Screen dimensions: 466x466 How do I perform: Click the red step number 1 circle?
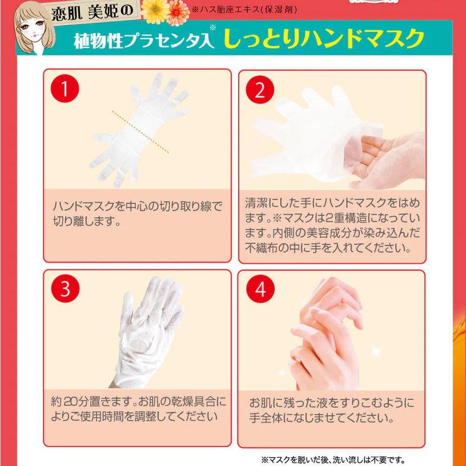(65, 89)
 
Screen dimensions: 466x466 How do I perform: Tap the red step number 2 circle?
(260, 90)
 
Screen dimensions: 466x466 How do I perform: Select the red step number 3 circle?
(65, 288)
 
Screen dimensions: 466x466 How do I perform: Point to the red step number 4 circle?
(260, 289)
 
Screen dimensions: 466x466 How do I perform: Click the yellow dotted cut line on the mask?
(140, 132)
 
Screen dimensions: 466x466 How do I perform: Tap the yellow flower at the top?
(155, 11)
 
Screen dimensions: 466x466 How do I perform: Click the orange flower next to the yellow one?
(178, 13)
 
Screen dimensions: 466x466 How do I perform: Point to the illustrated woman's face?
(33, 29)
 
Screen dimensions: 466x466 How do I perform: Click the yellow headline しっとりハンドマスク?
(324, 38)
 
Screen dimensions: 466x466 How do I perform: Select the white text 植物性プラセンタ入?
(144, 40)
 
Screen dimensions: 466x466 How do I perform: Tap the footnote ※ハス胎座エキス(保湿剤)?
(244, 9)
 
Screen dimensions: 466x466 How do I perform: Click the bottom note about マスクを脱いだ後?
(333, 460)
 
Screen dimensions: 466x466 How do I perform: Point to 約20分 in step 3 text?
(70, 402)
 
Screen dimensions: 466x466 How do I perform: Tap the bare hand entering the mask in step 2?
(387, 160)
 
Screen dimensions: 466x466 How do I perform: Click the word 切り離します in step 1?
(83, 221)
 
